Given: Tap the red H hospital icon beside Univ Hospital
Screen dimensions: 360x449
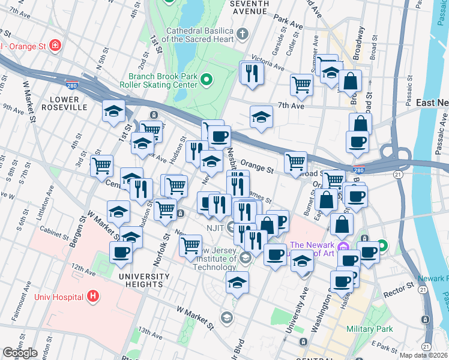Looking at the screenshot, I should tap(92, 296).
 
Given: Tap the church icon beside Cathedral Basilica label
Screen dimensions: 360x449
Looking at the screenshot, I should tap(243, 33).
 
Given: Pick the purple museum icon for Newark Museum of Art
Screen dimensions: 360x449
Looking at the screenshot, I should tap(342, 246).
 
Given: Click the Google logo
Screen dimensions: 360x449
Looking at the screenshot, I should tap(19, 353).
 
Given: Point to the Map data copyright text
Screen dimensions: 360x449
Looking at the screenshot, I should tap(424, 355).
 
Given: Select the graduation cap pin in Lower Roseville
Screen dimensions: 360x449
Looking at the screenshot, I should tap(113, 111).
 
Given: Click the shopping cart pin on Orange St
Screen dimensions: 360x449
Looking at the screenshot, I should tap(295, 161).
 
